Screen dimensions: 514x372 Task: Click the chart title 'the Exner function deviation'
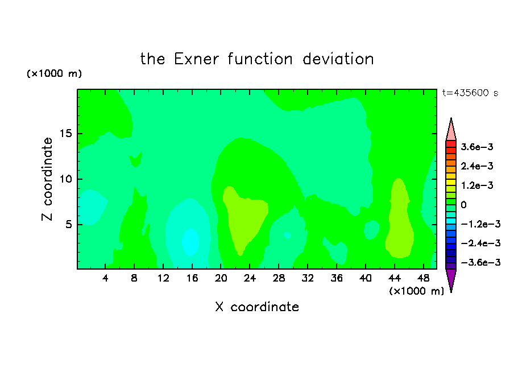click(257, 59)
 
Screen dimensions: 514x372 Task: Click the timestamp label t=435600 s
click(470, 93)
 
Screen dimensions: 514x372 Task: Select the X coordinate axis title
click(257, 307)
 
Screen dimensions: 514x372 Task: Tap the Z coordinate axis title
click(47, 179)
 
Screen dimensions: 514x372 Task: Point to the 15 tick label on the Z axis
click(65, 134)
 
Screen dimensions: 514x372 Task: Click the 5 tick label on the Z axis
click(68, 224)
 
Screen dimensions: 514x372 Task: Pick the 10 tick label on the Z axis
click(65, 179)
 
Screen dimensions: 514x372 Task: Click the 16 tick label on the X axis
click(192, 278)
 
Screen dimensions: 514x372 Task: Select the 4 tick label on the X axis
click(105, 278)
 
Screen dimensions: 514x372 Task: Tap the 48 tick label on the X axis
click(423, 278)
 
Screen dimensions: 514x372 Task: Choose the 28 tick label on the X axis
click(279, 278)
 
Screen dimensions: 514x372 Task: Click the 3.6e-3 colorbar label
click(477, 147)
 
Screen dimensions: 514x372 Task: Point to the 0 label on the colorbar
click(463, 205)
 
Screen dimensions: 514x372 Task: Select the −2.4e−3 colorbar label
click(480, 243)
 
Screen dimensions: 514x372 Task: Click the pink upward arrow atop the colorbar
click(451, 130)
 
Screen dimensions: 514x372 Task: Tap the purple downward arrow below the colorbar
click(451, 280)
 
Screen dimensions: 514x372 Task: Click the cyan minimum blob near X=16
click(190, 242)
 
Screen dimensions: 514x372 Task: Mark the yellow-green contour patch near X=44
click(399, 219)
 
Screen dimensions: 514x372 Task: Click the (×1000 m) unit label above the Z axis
click(54, 73)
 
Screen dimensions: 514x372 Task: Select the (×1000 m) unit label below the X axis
click(416, 291)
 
